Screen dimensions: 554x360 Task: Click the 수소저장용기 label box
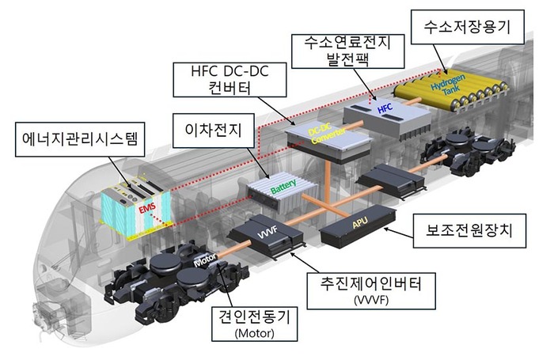tap(468, 27)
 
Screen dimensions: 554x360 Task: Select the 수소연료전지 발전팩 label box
tap(347, 51)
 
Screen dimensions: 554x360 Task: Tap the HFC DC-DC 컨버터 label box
tap(230, 80)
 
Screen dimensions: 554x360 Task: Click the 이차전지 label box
tap(214, 131)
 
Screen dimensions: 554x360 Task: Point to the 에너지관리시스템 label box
tap(80, 139)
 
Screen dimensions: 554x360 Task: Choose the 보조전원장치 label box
tap(469, 231)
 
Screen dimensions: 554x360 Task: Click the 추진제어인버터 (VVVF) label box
tap(371, 291)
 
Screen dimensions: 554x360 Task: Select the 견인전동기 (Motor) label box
tap(254, 324)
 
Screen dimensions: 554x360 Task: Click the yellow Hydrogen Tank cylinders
tap(452, 90)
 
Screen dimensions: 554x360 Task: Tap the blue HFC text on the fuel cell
tap(385, 108)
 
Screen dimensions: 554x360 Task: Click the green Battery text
tap(283, 187)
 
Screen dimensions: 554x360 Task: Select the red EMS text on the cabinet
tap(147, 209)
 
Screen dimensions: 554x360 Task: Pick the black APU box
tap(358, 226)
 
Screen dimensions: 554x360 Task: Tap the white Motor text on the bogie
tap(205, 261)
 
